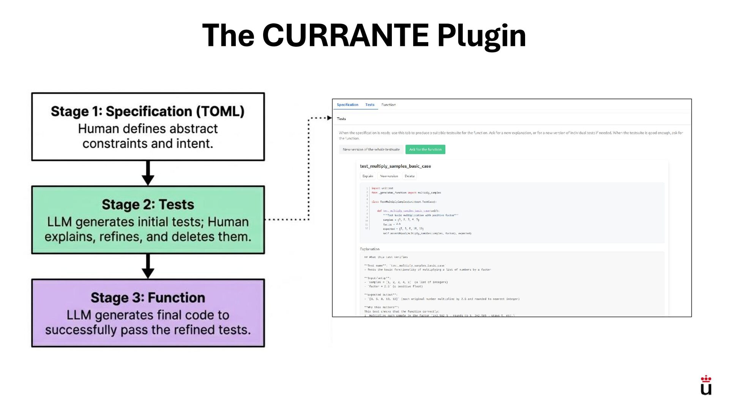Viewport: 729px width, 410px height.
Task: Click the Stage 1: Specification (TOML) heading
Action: (x=148, y=111)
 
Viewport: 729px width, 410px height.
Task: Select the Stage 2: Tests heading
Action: (x=148, y=205)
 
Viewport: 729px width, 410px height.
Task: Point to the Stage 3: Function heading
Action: (x=148, y=298)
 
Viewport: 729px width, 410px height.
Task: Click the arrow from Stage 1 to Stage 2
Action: (x=148, y=173)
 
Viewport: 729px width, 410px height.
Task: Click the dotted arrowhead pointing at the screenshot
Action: (x=329, y=118)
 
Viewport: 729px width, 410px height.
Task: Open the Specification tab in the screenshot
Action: (x=347, y=105)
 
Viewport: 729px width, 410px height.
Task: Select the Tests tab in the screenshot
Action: (x=370, y=105)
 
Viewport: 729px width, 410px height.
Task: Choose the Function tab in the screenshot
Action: (x=388, y=105)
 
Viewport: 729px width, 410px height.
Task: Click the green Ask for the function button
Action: (x=425, y=150)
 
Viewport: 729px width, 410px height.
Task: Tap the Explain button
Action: (x=368, y=176)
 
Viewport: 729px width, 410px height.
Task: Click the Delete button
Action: (x=410, y=176)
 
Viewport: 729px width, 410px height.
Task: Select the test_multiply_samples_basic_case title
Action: (x=395, y=166)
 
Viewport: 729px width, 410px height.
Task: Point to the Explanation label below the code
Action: (x=369, y=249)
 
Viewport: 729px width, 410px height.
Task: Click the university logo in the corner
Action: (x=706, y=385)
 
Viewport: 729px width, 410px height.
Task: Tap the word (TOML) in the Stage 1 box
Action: (x=220, y=111)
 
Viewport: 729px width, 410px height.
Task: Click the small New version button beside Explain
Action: (x=389, y=176)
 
